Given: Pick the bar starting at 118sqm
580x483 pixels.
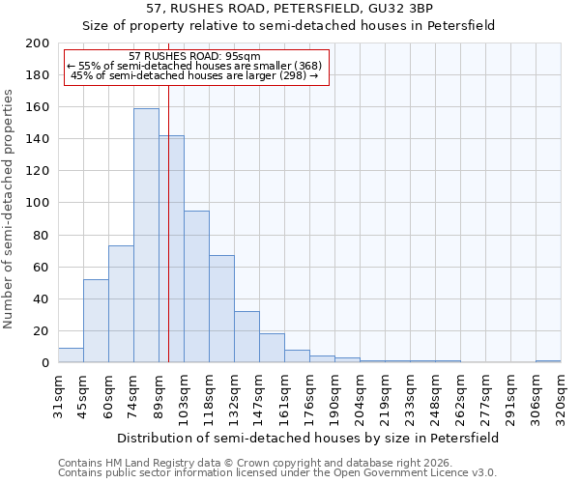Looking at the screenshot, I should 221,309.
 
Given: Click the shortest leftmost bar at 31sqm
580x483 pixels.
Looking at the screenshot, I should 71,355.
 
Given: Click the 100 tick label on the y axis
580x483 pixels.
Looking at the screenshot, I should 38,203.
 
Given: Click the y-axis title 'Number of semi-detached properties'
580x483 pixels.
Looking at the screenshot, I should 10,209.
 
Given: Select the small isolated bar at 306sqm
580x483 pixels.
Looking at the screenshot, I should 548,361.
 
